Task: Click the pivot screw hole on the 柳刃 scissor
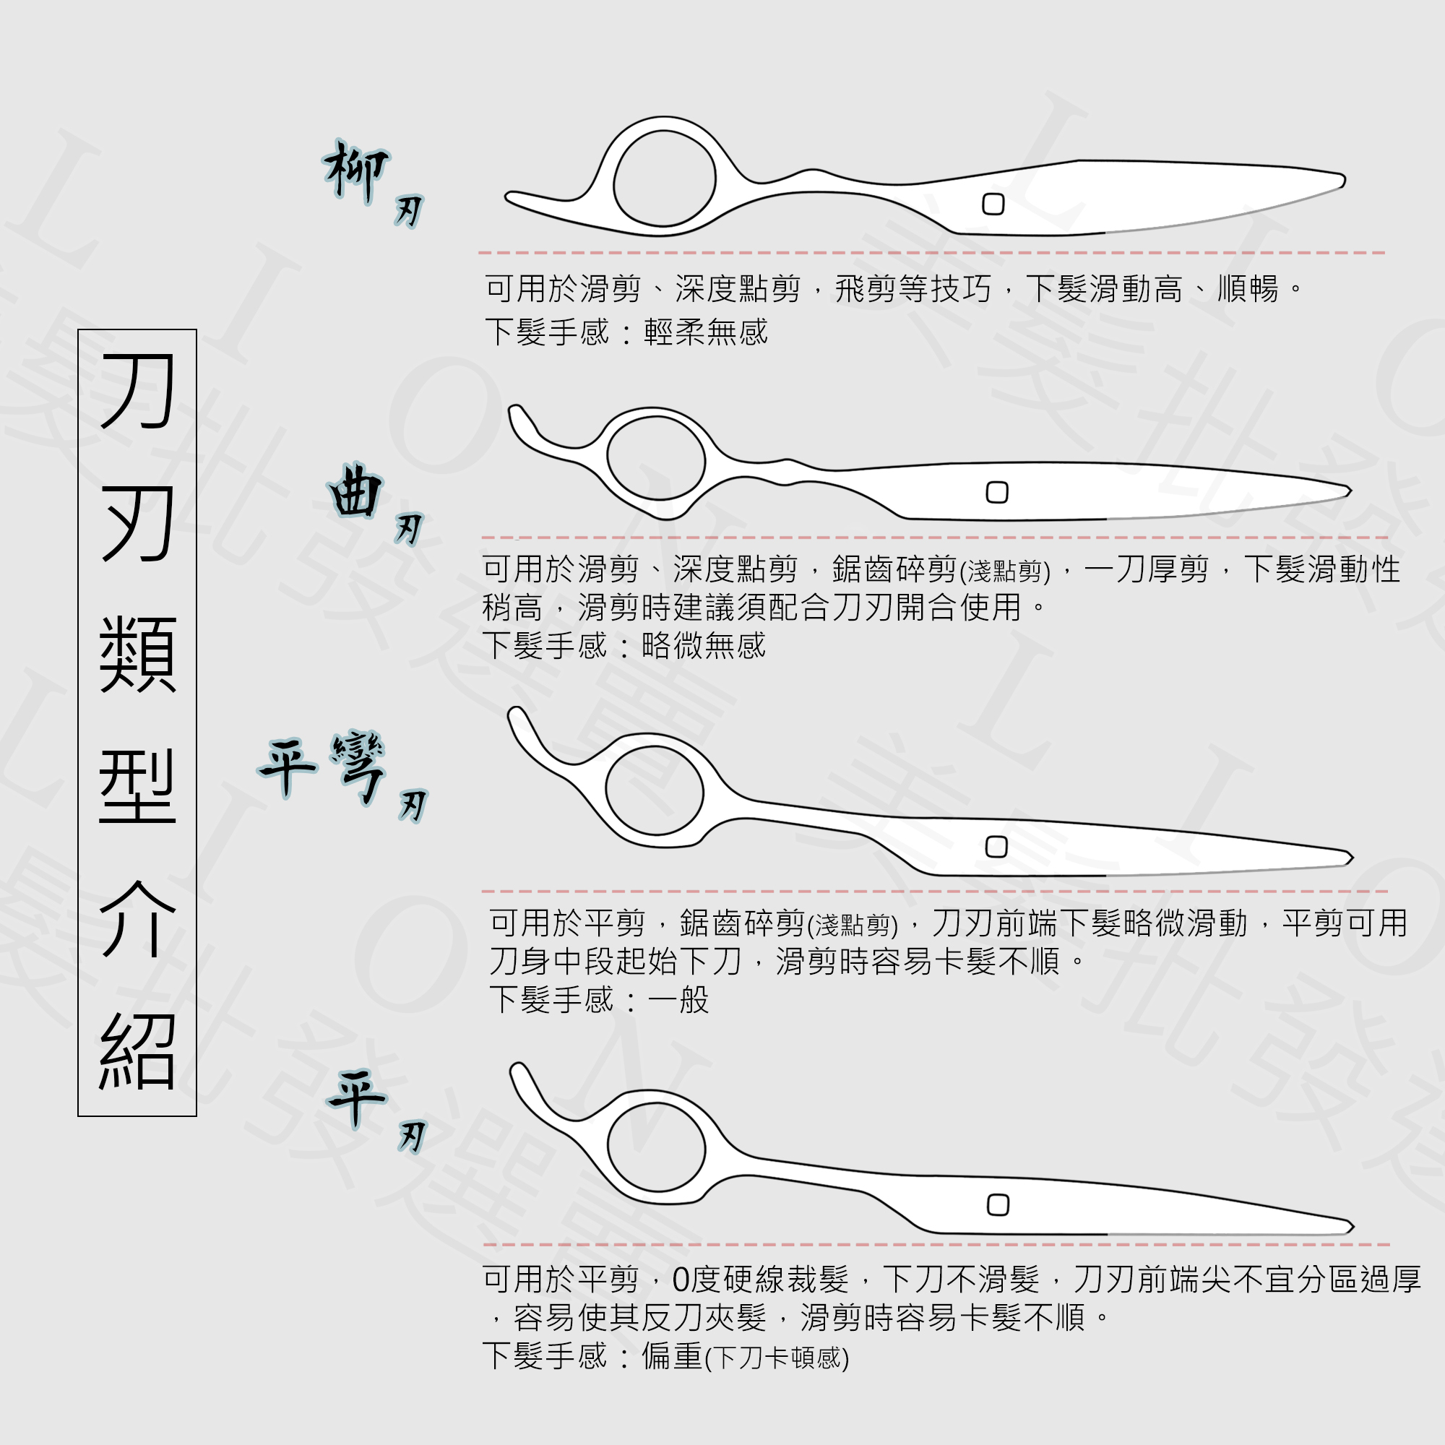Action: pyautogui.click(x=993, y=204)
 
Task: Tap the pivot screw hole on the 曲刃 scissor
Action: pyautogui.click(x=997, y=492)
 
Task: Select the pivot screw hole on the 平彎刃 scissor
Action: pyautogui.click(x=996, y=847)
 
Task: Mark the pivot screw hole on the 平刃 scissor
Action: pyautogui.click(x=998, y=1205)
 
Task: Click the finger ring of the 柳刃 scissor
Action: pyautogui.click(x=664, y=178)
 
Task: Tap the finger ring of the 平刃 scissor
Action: pyautogui.click(x=656, y=1147)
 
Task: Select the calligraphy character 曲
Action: pyautogui.click(x=355, y=491)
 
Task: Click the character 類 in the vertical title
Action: pyautogui.click(x=137, y=655)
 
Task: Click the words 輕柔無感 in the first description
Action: pyautogui.click(x=706, y=332)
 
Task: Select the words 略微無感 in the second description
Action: pyautogui.click(x=704, y=645)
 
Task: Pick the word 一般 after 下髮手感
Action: pyautogui.click(x=678, y=1000)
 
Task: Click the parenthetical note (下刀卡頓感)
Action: pyautogui.click(x=777, y=1358)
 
